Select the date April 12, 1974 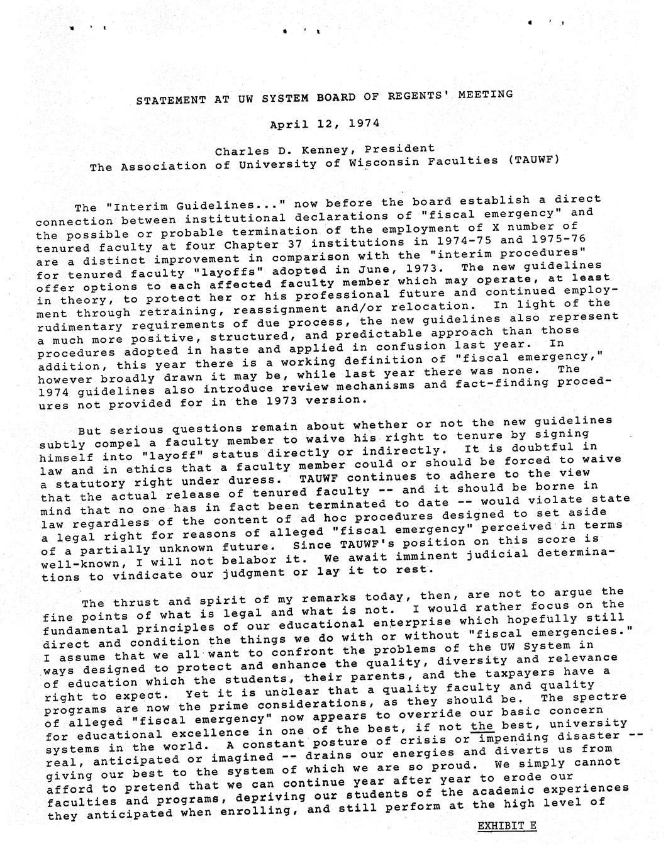point(325,123)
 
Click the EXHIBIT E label point(507,825)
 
